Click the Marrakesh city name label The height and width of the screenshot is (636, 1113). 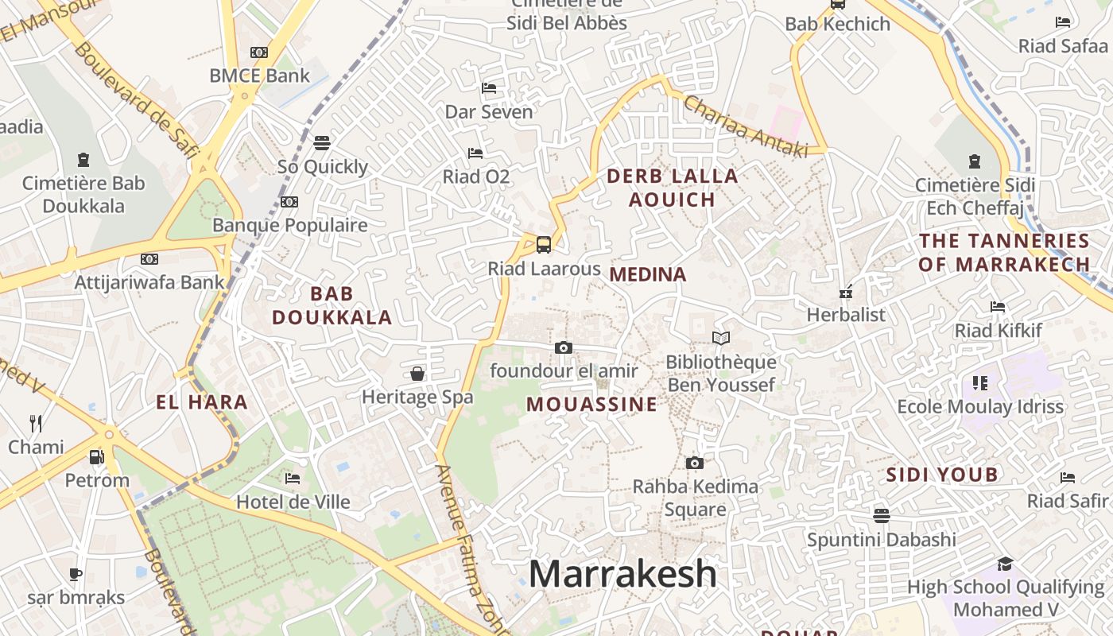[622, 574]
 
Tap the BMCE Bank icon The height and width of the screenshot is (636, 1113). [259, 52]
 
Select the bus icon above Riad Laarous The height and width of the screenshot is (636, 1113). [544, 244]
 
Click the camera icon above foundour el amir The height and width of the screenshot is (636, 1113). [564, 347]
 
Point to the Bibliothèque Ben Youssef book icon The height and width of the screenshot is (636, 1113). [721, 339]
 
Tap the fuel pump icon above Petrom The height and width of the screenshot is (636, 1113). [96, 457]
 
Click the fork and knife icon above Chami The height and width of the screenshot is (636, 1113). [36, 423]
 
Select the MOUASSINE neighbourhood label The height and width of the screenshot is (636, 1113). [591, 405]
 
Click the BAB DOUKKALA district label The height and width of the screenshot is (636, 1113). [332, 306]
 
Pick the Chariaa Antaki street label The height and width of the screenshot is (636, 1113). [745, 126]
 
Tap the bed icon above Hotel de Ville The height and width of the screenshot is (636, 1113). [293, 479]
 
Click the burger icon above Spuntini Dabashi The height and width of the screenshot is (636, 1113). [881, 516]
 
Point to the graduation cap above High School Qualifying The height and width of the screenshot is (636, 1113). [1005, 564]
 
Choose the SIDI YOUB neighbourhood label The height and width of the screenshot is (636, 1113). [941, 475]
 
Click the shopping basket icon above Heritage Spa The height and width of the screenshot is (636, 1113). [417, 374]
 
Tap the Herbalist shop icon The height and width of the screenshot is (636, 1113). [846, 292]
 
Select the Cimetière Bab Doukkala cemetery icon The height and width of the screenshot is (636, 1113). [83, 160]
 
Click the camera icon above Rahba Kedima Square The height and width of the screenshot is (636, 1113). [695, 463]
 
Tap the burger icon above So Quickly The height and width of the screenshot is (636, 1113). [322, 143]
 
